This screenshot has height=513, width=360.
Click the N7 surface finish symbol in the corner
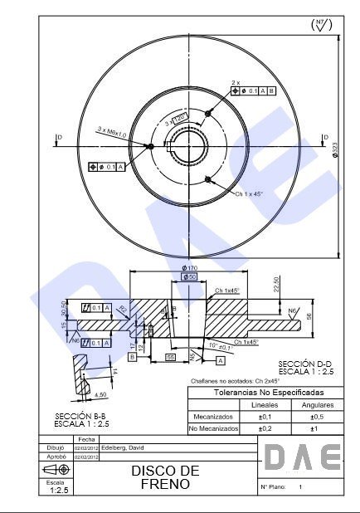click(322, 25)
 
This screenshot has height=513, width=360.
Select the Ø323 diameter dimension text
click(335, 149)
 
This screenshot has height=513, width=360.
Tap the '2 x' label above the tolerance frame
click(236, 82)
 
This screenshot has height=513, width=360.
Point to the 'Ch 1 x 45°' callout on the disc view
click(248, 193)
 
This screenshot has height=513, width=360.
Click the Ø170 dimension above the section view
click(189, 268)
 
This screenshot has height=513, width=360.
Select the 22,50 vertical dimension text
click(276, 285)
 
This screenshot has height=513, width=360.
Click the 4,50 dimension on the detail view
click(100, 394)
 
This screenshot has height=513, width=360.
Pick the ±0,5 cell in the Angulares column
click(314, 417)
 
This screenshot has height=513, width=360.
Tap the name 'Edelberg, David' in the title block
click(123, 447)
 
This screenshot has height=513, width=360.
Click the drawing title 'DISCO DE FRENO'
click(165, 476)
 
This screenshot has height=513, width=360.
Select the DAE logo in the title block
click(302, 457)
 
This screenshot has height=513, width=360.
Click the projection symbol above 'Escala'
click(56, 470)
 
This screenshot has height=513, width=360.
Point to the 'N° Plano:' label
click(273, 487)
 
